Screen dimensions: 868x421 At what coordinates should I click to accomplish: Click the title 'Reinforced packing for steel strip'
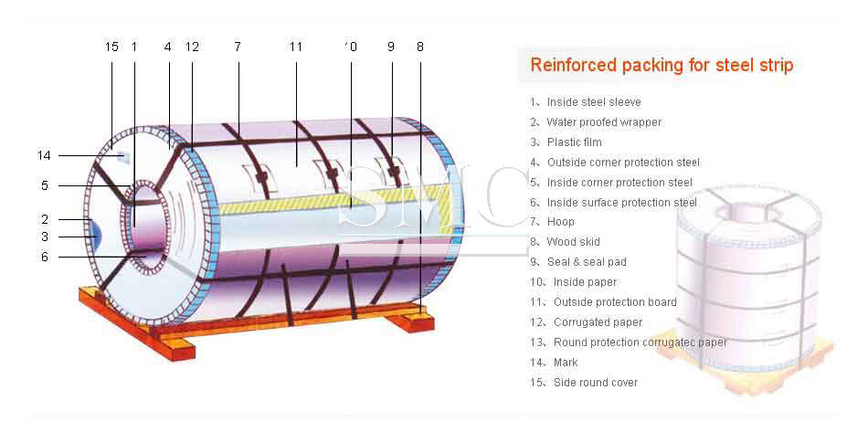tap(662, 65)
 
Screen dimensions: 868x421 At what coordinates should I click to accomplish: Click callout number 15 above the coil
tap(111, 47)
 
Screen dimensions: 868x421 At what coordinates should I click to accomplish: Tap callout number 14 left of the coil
tap(44, 156)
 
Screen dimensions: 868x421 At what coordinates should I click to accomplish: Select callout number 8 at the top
tap(420, 47)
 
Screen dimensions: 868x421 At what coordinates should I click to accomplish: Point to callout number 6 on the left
tap(45, 258)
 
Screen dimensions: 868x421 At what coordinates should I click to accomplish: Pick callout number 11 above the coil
tap(296, 47)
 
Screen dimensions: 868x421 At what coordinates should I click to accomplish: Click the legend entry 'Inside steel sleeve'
tap(594, 102)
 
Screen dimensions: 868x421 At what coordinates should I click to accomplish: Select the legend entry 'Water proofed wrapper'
tap(604, 122)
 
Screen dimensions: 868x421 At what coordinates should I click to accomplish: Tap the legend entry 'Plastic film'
tap(574, 142)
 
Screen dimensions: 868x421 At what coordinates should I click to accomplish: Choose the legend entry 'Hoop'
tap(560, 222)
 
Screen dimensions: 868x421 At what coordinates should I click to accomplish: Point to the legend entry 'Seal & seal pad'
tap(587, 262)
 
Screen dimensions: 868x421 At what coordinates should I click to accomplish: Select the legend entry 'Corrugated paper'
tap(598, 322)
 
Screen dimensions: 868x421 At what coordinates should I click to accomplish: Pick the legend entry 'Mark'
tap(566, 363)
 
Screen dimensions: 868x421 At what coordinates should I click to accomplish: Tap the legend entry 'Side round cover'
tap(596, 383)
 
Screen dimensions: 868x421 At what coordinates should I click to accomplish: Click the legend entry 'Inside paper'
tap(585, 282)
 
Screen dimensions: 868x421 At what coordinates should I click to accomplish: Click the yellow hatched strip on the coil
tap(333, 200)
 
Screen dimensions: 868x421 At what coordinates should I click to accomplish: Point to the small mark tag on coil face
tap(123, 158)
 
